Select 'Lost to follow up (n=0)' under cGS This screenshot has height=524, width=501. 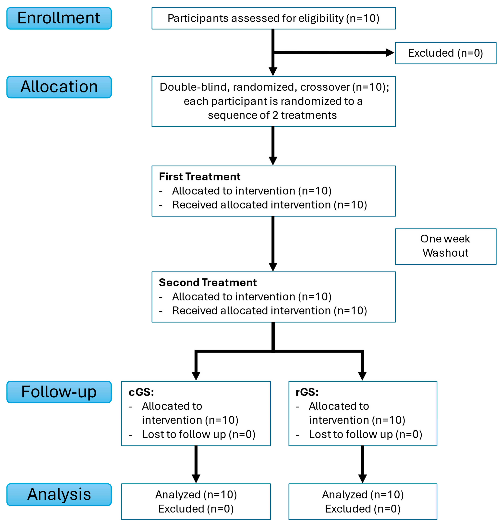(198, 434)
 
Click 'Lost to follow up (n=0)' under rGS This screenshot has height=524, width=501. (365, 434)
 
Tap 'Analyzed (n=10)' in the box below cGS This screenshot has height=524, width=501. (196, 495)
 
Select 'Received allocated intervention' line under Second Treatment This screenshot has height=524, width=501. (269, 310)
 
